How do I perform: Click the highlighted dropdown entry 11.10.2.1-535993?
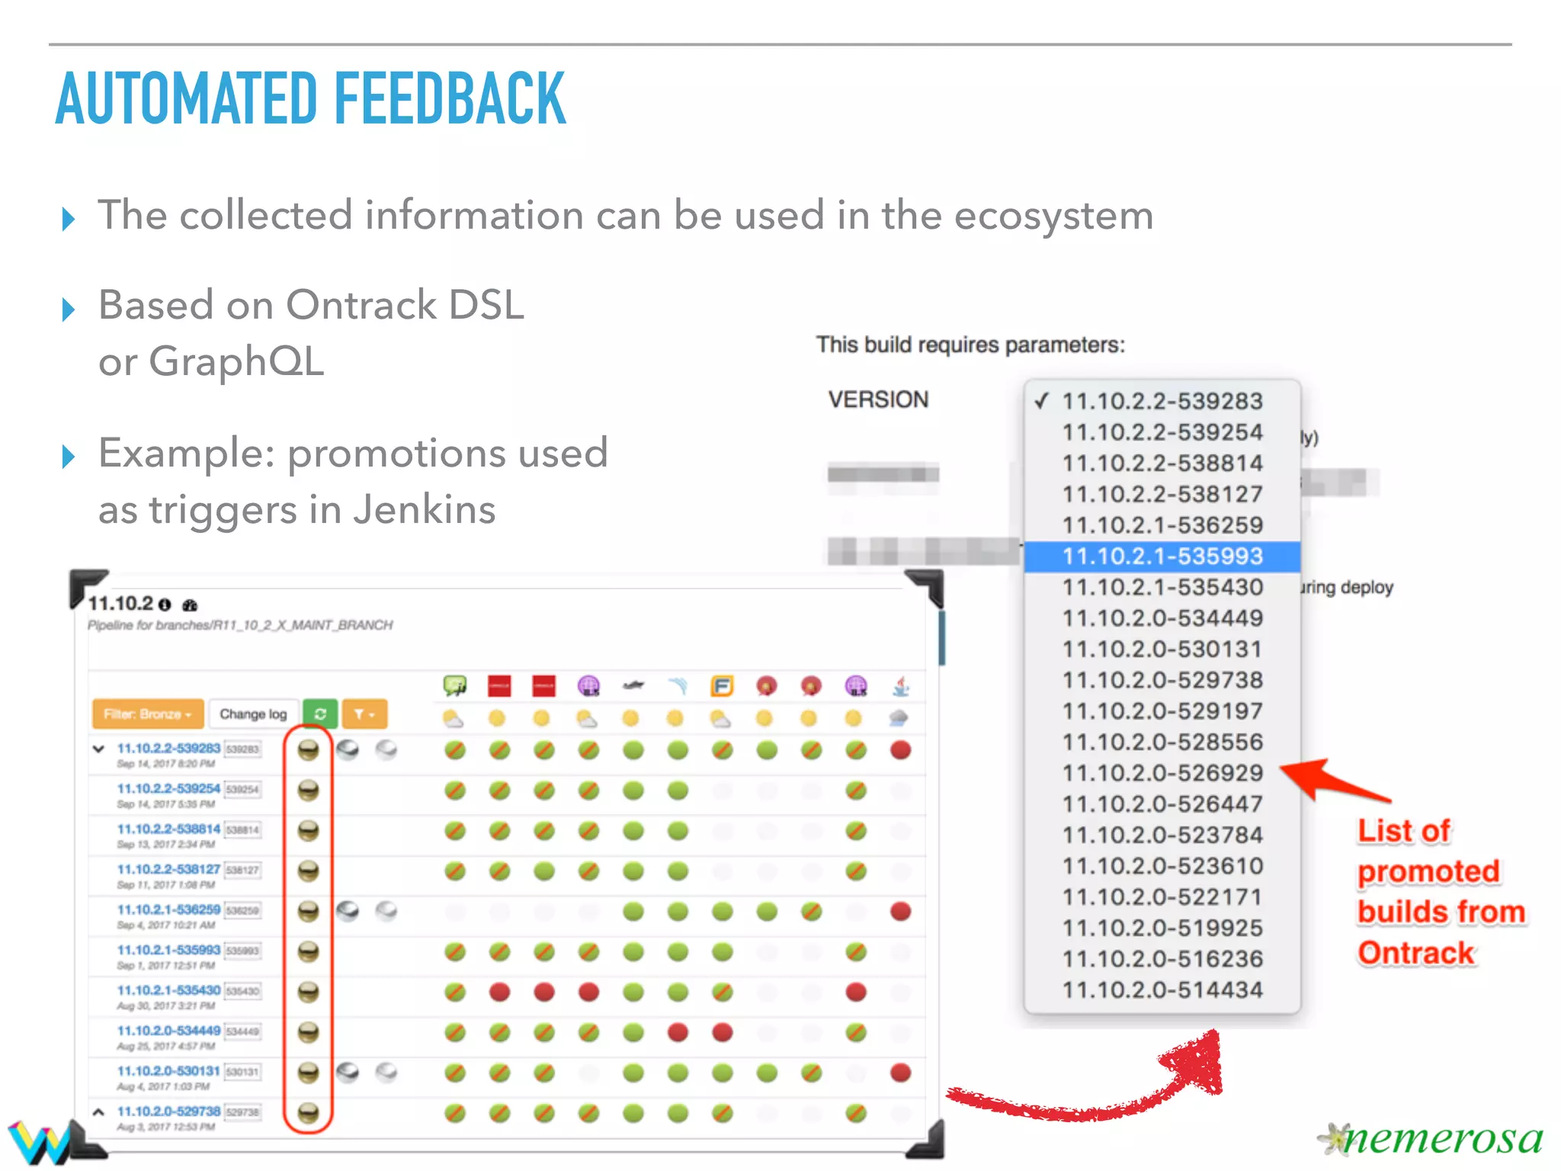pyautogui.click(x=1162, y=557)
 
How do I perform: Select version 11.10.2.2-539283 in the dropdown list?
pyautogui.click(x=1162, y=401)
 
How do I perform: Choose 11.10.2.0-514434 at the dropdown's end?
pyautogui.click(x=1162, y=990)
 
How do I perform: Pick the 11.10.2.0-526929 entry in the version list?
pyautogui.click(x=1162, y=773)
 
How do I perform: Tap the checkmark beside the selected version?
pyautogui.click(x=1042, y=400)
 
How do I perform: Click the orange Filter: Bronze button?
pyautogui.click(x=147, y=714)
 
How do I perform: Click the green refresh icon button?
pyautogui.click(x=320, y=714)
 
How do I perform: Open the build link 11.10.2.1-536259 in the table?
pyautogui.click(x=168, y=910)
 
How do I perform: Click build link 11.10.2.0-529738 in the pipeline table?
pyautogui.click(x=168, y=1112)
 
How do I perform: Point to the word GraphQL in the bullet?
pyautogui.click(x=237, y=361)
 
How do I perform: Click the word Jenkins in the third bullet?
pyautogui.click(x=425, y=509)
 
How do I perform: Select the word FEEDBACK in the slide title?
pyautogui.click(x=450, y=99)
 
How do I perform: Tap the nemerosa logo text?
pyautogui.click(x=1441, y=1139)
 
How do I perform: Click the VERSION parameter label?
pyautogui.click(x=878, y=399)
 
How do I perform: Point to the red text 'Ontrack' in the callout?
pyautogui.click(x=1416, y=953)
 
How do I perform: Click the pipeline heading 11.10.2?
pyautogui.click(x=120, y=604)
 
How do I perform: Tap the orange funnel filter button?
pyautogui.click(x=364, y=714)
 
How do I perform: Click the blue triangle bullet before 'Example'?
pyautogui.click(x=69, y=457)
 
